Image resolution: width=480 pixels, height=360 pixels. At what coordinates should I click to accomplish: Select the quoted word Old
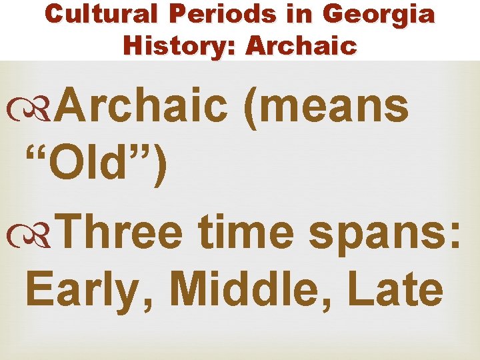pyautogui.click(x=94, y=166)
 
